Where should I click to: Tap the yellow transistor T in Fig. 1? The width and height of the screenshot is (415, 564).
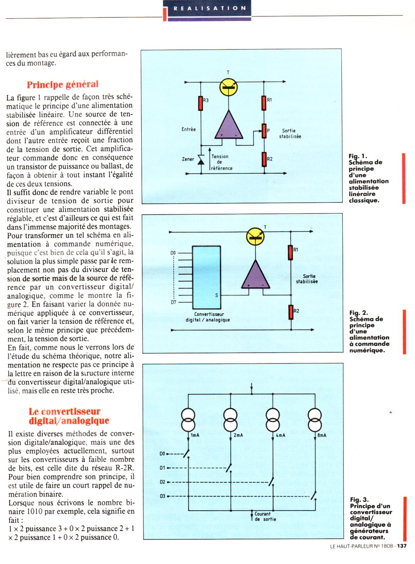(x=228, y=87)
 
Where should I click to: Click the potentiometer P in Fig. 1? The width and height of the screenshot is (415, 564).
(x=264, y=131)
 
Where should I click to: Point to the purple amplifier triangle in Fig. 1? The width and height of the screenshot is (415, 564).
(x=229, y=126)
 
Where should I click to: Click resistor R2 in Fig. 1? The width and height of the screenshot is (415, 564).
(x=264, y=159)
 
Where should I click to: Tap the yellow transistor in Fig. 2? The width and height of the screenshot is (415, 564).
(x=255, y=236)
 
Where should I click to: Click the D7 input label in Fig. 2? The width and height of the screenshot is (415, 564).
(x=174, y=302)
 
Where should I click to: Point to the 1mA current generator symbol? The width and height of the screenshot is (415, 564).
(x=188, y=420)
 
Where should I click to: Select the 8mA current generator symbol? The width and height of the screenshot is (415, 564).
(x=315, y=420)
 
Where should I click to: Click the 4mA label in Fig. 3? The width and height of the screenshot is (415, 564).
(x=280, y=435)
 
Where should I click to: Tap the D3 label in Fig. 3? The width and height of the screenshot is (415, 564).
(x=162, y=496)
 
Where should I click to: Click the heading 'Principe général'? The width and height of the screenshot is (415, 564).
(x=63, y=85)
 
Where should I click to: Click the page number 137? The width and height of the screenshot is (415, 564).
(x=402, y=546)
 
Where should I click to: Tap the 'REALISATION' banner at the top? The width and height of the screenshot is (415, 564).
(x=210, y=8)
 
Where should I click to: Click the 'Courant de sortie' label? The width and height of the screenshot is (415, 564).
(x=265, y=517)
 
